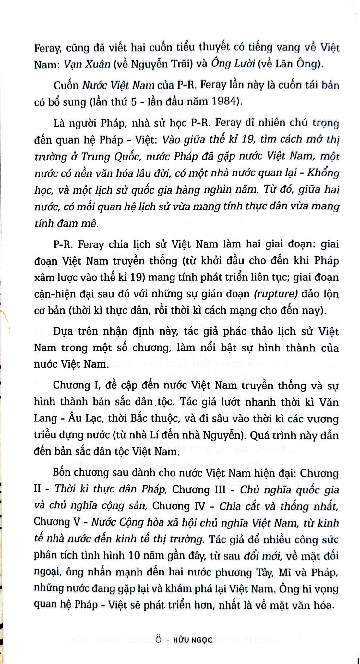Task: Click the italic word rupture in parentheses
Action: click(277, 294)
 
